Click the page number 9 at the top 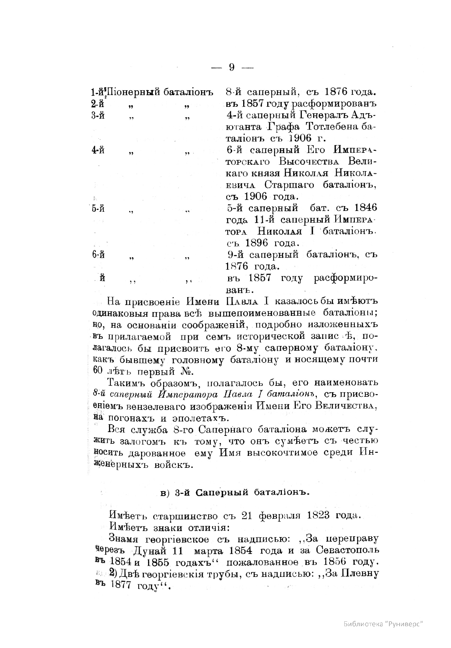[232, 67]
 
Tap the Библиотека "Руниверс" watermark [383, 624]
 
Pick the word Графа [280, 126]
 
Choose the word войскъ [173, 465]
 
